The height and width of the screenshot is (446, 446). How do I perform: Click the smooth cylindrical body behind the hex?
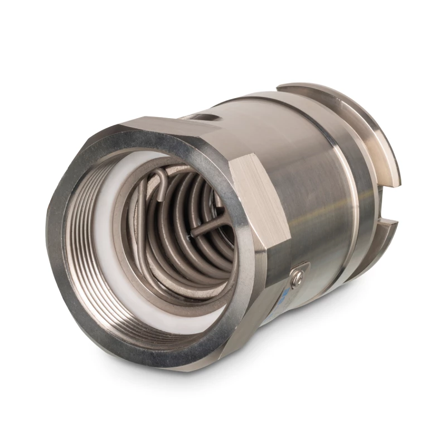(x=312, y=184)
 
